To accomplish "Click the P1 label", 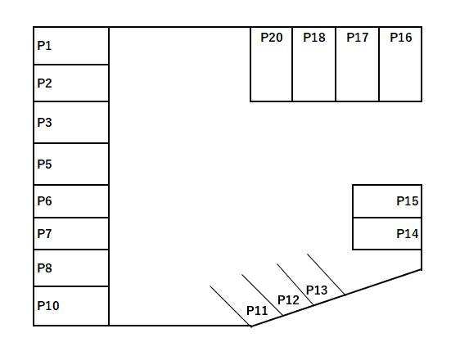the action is click(x=44, y=46).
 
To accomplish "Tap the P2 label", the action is click(x=44, y=83).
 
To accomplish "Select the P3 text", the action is click(x=44, y=123).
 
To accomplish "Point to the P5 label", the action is click(x=44, y=164).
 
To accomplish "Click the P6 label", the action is click(x=44, y=201).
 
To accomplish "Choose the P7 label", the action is click(x=44, y=234).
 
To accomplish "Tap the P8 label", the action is click(x=44, y=268).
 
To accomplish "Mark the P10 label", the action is click(x=48, y=306).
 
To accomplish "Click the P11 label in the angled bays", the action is click(x=257, y=311).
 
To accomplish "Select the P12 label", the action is click(x=288, y=300).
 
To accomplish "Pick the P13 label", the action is click(x=317, y=290).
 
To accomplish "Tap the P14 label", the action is click(x=408, y=234).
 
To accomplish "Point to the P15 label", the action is click(x=408, y=201).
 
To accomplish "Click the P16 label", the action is click(x=401, y=38).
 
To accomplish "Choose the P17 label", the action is click(x=358, y=38).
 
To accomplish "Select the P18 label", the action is click(x=314, y=38).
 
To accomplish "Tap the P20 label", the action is click(x=272, y=38).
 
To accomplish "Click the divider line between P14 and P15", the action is click(x=387, y=218).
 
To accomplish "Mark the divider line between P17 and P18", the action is click(x=336, y=64).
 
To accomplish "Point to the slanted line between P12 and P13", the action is click(x=295, y=285).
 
